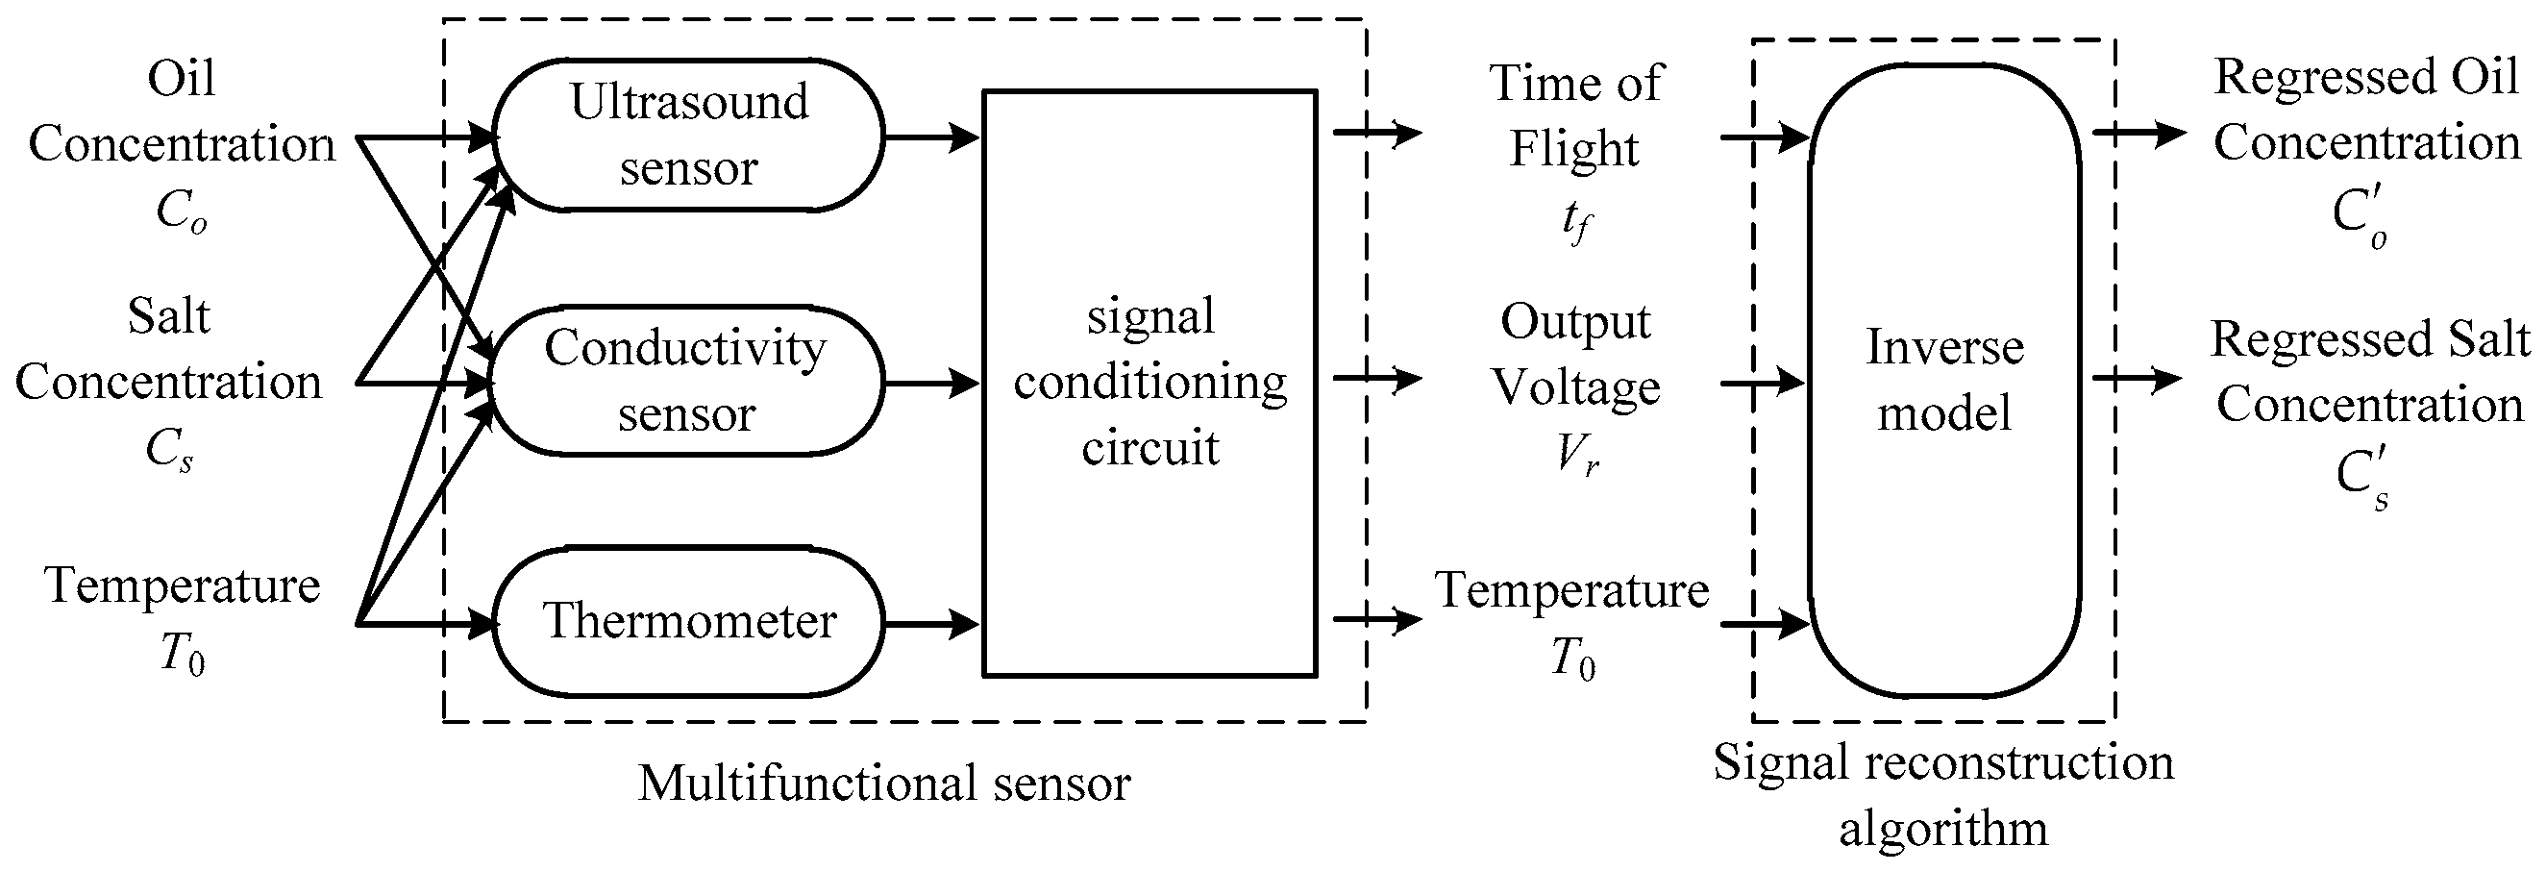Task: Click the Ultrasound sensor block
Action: [x=689, y=136]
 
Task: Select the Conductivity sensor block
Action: [x=686, y=381]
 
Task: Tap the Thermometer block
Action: [x=689, y=622]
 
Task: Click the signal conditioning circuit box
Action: [x=1149, y=383]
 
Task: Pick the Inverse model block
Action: [x=1944, y=381]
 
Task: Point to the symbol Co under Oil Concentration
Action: [x=182, y=212]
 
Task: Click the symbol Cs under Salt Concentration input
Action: [x=169, y=451]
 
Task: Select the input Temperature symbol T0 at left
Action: [x=182, y=656]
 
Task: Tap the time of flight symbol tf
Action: [x=1575, y=221]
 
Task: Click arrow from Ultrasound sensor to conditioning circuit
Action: [x=931, y=137]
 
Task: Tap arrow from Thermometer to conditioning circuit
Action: [x=931, y=624]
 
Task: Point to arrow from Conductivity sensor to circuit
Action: [x=931, y=382]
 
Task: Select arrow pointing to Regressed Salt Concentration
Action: [x=2137, y=379]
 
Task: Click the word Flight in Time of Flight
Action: [x=1573, y=149]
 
